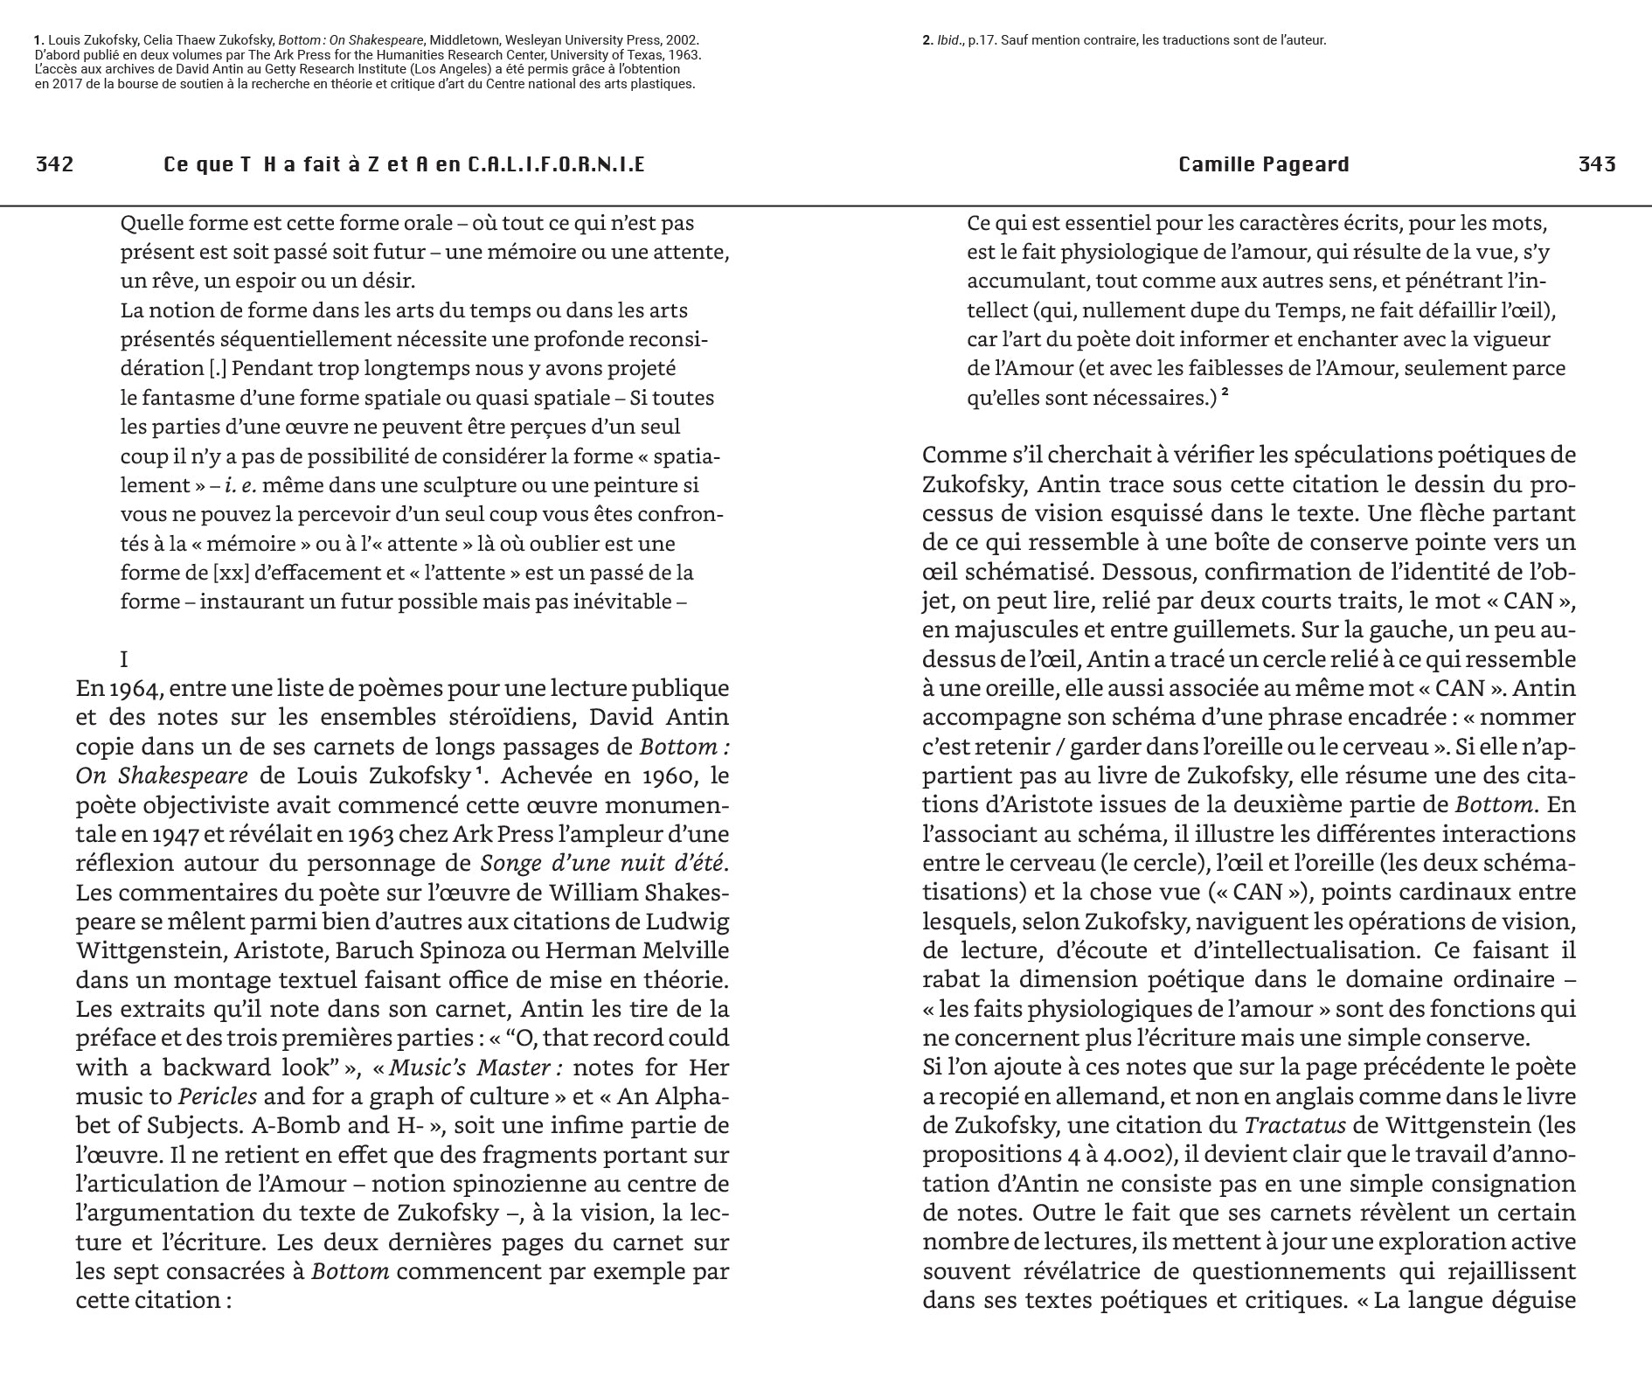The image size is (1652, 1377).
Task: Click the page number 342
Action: coord(54,164)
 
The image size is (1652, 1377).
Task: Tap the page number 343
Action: coord(1597,164)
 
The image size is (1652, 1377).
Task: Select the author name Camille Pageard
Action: coord(1263,164)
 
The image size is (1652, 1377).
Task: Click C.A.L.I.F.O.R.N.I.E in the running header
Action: coord(556,164)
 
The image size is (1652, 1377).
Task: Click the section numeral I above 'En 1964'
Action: coord(124,659)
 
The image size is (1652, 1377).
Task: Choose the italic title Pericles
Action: coord(218,1096)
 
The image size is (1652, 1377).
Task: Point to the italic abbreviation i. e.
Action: coord(240,485)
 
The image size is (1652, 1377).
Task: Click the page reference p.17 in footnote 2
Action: coord(982,40)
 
